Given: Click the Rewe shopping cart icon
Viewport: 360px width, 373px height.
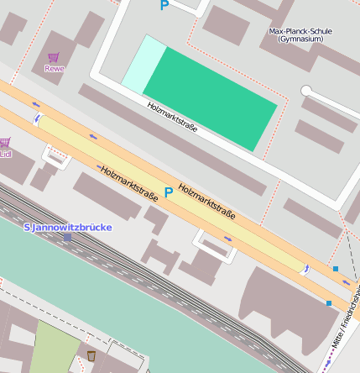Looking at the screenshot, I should click(54, 58).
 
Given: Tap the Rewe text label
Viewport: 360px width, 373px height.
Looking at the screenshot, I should click(54, 69).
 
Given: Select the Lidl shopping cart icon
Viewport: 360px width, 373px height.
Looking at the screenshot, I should click(4, 143).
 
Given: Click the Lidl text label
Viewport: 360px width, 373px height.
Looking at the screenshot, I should click(5, 154).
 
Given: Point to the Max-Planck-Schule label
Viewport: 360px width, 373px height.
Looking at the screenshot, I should click(300, 32).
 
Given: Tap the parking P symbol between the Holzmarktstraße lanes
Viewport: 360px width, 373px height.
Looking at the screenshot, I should click(169, 192).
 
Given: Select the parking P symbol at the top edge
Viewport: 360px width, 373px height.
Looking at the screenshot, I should click(164, 5).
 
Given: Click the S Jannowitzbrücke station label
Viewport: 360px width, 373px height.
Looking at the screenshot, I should click(67, 227).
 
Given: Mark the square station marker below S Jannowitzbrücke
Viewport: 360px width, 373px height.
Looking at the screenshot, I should click(67, 238).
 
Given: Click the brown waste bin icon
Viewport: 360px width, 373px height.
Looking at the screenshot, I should click(91, 355).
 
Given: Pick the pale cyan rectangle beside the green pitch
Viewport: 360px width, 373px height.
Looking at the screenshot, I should click(143, 63).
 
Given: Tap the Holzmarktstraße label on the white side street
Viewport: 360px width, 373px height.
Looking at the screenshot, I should click(172, 118).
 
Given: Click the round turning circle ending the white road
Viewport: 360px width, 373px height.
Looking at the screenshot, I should click(306, 90).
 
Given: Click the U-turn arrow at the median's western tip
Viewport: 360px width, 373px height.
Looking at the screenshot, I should click(37, 120).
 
